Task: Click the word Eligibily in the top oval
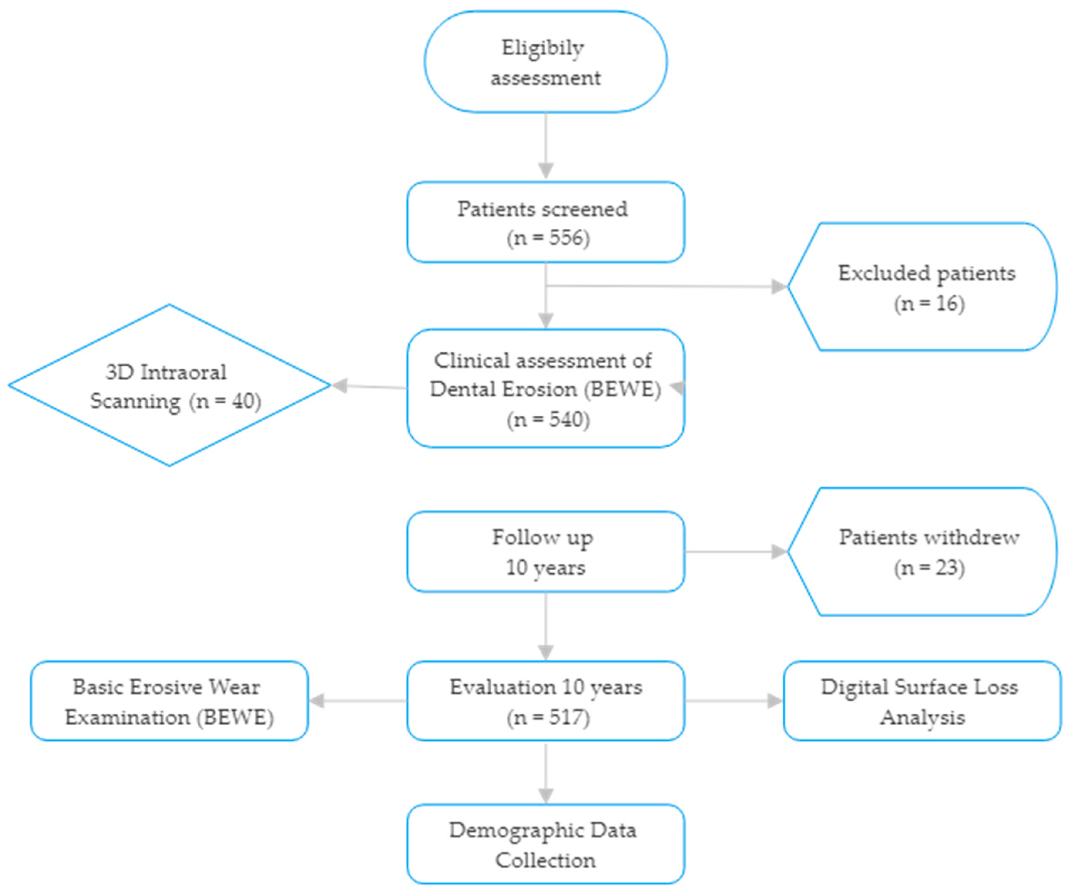pos(543,49)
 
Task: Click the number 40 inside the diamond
pos(243,401)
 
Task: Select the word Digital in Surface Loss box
pos(854,687)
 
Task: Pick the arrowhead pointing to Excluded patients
pos(779,286)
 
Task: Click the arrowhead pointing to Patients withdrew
pos(779,552)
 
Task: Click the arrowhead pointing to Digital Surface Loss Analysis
pos(775,701)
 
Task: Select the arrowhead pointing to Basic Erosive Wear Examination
pos(317,701)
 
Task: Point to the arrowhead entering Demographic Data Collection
pos(546,796)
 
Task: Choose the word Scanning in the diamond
pos(135,401)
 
